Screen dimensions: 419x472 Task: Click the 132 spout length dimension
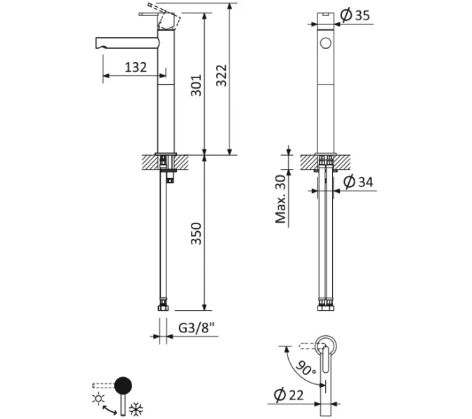pos(136,67)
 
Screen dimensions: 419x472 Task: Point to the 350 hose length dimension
pos(196,233)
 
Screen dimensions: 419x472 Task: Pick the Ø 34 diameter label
pos(357,182)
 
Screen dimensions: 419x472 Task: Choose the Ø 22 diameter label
pos(289,395)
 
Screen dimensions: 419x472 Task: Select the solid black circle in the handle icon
pos(122,385)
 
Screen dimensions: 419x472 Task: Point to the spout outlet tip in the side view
pos(96,43)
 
